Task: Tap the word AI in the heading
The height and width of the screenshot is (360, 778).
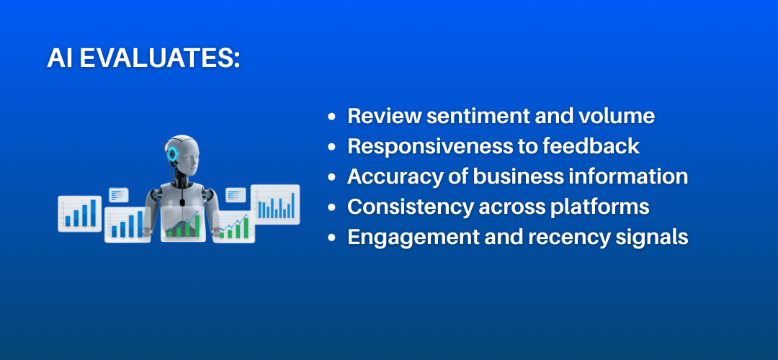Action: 61,59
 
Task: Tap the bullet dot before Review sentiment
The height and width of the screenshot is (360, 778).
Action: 331,117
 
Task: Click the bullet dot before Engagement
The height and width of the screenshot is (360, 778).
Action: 331,238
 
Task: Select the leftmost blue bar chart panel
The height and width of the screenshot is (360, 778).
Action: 79,213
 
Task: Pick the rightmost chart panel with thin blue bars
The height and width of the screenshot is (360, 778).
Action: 274,204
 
